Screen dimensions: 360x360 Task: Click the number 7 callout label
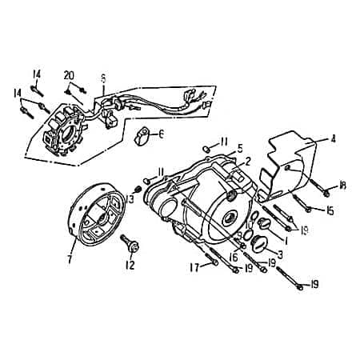70,259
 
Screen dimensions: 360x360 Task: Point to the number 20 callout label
70,75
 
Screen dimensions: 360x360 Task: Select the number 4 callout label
333,138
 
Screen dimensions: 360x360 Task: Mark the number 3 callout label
280,254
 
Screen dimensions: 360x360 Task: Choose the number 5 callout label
238,149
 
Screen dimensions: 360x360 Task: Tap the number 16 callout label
232,257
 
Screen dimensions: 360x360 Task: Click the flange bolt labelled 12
128,241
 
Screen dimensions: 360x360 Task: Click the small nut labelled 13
138,189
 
